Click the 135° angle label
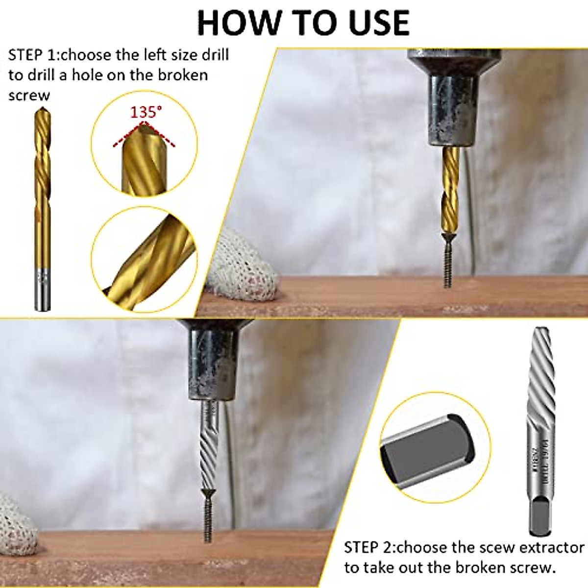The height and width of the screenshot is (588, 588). coord(146,112)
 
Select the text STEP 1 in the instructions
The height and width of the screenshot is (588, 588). coord(32,54)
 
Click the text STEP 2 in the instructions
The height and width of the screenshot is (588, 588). coord(368,547)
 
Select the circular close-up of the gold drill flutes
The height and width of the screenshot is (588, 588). coord(145,257)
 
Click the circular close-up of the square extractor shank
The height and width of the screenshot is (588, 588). coord(435,447)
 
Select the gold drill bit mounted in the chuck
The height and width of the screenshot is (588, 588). coord(450,191)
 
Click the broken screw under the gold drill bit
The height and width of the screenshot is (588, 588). coord(447,265)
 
